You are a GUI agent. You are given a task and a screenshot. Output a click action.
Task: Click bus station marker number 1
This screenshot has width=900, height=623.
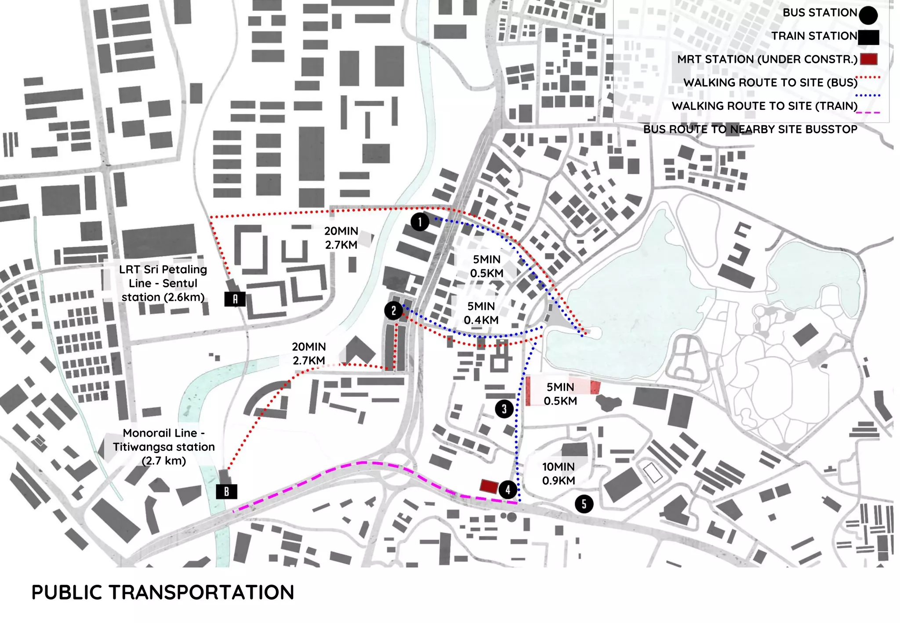(420, 222)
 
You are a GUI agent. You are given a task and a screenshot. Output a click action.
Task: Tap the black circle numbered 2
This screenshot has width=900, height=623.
(393, 311)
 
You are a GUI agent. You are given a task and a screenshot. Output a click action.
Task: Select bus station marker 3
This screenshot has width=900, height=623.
(504, 409)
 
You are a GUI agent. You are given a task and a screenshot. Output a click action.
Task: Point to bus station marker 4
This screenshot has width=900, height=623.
(508, 489)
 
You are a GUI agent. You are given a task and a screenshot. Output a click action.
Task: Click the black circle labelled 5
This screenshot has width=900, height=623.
(584, 504)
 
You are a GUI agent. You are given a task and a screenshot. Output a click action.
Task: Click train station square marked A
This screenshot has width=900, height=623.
(235, 299)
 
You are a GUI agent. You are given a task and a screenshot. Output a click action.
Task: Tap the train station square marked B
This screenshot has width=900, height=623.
(226, 491)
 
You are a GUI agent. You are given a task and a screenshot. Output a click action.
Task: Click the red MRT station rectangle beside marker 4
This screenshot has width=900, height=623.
(489, 486)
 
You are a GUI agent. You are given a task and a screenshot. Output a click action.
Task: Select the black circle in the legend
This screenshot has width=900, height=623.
(868, 15)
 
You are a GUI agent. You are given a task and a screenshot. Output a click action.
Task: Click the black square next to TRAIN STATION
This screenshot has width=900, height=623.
(868, 37)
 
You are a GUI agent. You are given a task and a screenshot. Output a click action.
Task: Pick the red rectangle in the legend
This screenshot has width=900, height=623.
(868, 59)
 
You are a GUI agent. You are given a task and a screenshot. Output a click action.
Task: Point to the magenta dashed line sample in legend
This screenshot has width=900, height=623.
(868, 112)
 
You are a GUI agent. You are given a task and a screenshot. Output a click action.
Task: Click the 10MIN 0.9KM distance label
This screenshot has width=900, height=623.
(559, 474)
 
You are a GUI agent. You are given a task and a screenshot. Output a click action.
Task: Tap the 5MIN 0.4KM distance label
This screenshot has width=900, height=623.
(481, 313)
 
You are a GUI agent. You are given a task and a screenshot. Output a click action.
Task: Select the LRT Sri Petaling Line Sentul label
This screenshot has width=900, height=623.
(163, 283)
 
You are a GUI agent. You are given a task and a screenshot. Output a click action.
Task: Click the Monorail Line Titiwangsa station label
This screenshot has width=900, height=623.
(163, 447)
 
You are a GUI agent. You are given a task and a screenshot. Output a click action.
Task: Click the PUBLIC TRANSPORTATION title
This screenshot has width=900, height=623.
(163, 592)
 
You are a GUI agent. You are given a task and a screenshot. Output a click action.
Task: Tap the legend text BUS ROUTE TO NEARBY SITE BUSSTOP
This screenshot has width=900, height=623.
(750, 129)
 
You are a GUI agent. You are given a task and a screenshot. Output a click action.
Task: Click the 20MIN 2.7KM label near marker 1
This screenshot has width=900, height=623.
(341, 238)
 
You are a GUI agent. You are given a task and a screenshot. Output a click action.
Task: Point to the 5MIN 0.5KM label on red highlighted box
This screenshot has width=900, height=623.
(560, 394)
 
